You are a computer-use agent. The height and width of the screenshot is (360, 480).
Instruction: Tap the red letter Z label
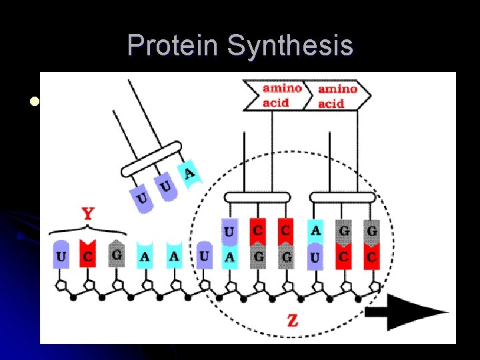(x=292, y=321)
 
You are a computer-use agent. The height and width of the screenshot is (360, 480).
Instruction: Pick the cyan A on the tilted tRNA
(x=189, y=174)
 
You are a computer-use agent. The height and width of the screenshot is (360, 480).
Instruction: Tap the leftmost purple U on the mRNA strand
(x=61, y=255)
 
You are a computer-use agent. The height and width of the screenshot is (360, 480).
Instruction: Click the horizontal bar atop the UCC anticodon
(x=257, y=197)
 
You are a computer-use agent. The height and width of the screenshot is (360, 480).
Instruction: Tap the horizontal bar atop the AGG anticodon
(x=343, y=197)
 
